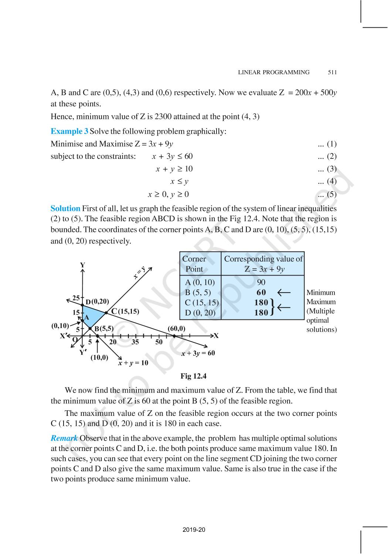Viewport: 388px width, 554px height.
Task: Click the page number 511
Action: tap(332, 72)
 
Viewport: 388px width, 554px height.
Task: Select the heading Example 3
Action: tap(69, 131)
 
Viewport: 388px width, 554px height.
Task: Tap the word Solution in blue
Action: tap(65, 208)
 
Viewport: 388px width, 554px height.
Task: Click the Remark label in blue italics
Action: tap(64, 438)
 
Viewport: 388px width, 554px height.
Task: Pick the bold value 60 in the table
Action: tap(261, 293)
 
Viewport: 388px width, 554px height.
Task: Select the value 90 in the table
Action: tap(261, 283)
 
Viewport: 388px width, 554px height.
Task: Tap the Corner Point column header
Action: tap(195, 264)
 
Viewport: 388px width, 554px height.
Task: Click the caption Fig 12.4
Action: tap(193, 376)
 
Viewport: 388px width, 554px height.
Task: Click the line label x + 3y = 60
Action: tap(198, 353)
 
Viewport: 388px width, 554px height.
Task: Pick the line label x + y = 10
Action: tap(133, 363)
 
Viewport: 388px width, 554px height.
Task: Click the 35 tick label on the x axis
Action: tap(135, 342)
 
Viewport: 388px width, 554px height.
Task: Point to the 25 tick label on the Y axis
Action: tap(76, 298)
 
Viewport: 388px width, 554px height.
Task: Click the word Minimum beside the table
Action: tap(321, 293)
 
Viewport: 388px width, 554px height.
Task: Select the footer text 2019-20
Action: tap(194, 530)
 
